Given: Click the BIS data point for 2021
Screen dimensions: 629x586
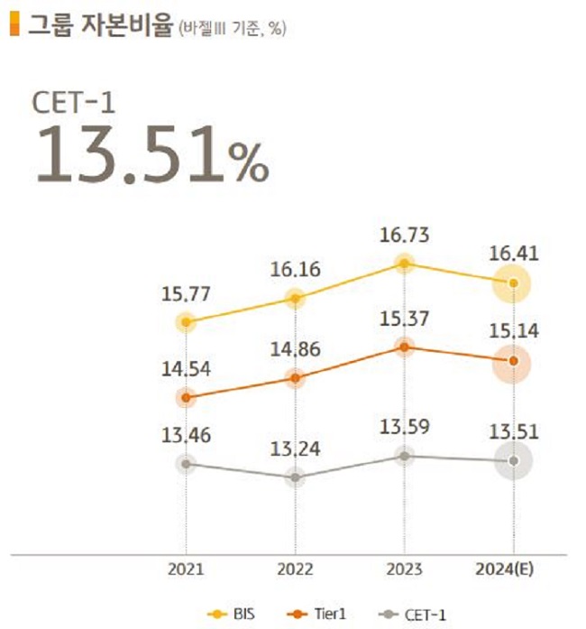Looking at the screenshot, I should [187, 321].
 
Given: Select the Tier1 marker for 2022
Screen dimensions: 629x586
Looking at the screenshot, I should [295, 378].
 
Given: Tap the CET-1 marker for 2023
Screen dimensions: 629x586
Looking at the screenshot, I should [405, 456].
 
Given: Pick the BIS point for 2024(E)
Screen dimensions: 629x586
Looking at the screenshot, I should [513, 283].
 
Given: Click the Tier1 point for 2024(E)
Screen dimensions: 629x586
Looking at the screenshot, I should [513, 361].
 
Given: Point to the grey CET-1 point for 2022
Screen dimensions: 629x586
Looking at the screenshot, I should [295, 477].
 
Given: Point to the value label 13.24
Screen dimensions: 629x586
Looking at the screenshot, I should [295, 449].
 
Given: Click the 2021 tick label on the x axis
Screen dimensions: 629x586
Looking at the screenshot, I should [186, 570].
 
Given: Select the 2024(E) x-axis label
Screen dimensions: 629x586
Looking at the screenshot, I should [512, 570].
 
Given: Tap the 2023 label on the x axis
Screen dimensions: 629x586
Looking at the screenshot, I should [404, 570].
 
